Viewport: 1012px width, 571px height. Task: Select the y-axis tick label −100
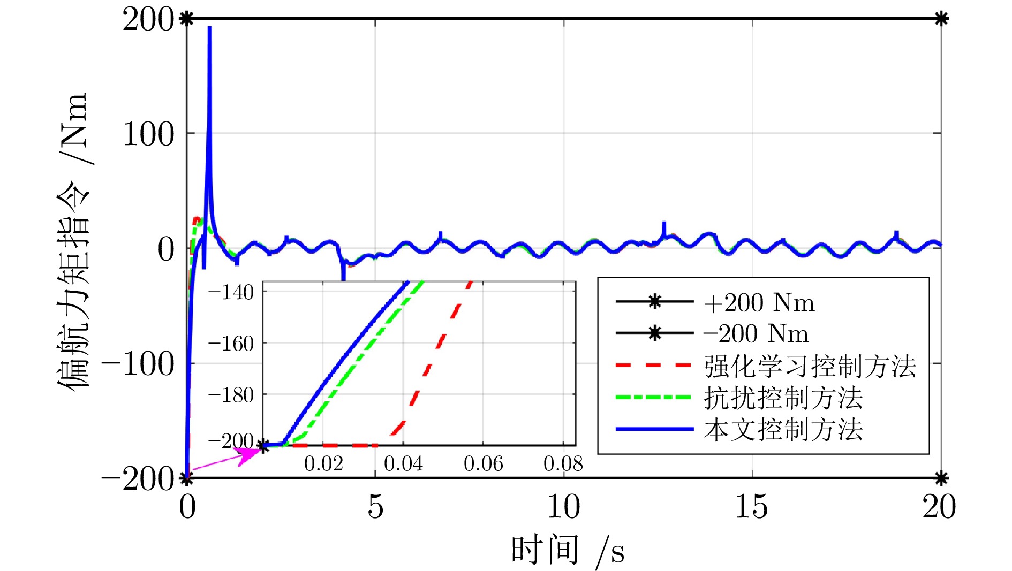[138, 364]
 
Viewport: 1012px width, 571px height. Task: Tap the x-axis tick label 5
[375, 506]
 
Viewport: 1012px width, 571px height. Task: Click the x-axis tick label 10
[563, 506]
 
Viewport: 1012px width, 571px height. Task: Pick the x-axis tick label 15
[751, 506]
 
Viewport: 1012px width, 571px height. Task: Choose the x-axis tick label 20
[939, 506]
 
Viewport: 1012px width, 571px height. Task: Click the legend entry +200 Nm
[758, 303]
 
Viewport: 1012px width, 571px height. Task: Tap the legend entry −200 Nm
[755, 334]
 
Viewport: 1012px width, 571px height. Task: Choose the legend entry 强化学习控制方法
[810, 367]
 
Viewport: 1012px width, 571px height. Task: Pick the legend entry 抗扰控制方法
[783, 398]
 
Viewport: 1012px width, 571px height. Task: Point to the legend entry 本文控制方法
[783, 430]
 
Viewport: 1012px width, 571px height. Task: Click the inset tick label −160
[231, 344]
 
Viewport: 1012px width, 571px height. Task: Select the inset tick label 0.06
[483, 463]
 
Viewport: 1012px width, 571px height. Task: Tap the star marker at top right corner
[941, 19]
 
